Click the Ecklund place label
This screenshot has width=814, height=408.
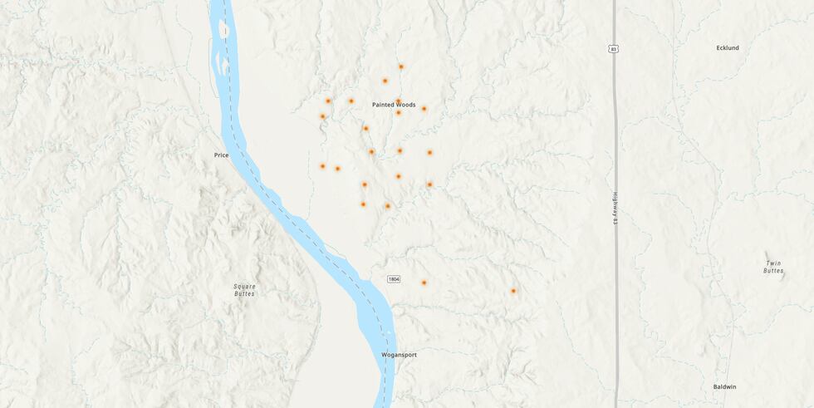pyautogui.click(x=727, y=48)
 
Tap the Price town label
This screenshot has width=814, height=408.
pyautogui.click(x=221, y=155)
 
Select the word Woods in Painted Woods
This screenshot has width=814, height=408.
pyautogui.click(x=405, y=105)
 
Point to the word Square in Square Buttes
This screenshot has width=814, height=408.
pyautogui.click(x=244, y=287)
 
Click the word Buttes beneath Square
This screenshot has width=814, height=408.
pyautogui.click(x=244, y=294)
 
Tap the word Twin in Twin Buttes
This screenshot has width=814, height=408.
pyautogui.click(x=773, y=263)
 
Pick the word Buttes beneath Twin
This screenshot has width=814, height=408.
pyautogui.click(x=773, y=271)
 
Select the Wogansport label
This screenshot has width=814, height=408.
pyautogui.click(x=399, y=355)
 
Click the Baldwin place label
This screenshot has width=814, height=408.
pyautogui.click(x=724, y=386)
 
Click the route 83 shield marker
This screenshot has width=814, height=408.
pyautogui.click(x=613, y=50)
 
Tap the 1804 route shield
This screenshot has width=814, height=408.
pyautogui.click(x=393, y=278)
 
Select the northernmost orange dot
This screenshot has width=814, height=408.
pyautogui.click(x=400, y=66)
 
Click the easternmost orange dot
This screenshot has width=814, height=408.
pyautogui.click(x=513, y=291)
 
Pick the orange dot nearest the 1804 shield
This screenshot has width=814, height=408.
pyautogui.click(x=424, y=283)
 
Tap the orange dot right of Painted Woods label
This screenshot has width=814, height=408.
pyautogui.click(x=424, y=108)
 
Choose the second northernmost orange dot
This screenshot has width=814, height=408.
pyautogui.click(x=385, y=81)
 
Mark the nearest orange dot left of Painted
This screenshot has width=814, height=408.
pyautogui.click(x=351, y=101)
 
